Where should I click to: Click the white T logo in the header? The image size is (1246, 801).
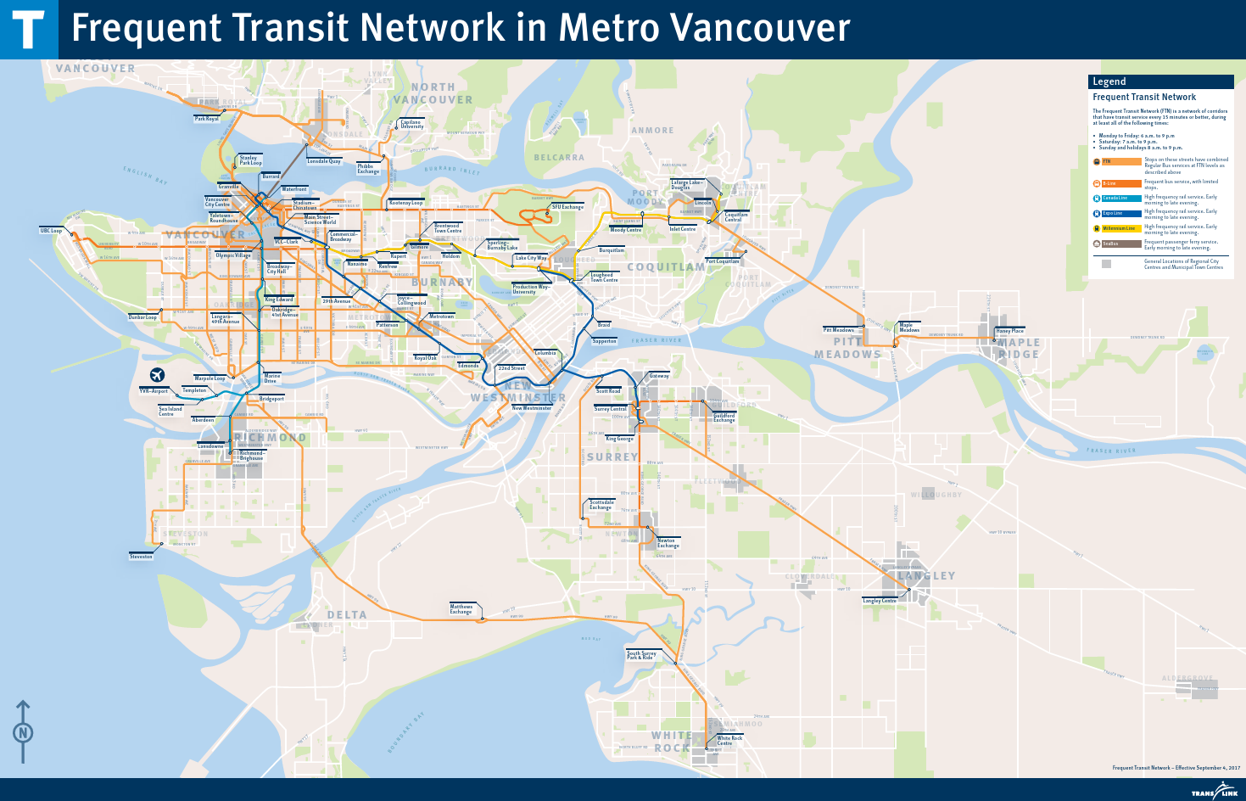click(x=28, y=30)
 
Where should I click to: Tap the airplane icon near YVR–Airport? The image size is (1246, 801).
click(x=157, y=375)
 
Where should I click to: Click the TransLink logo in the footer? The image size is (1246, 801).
click(x=1215, y=791)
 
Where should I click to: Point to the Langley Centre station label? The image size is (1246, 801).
click(x=880, y=601)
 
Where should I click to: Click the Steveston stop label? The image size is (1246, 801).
click(x=141, y=557)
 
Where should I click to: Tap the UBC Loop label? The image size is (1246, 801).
click(x=51, y=231)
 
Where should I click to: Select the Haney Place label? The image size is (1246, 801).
click(x=1009, y=331)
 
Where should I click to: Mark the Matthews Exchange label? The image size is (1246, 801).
click(x=461, y=609)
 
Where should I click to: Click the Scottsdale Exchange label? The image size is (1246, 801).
click(x=601, y=505)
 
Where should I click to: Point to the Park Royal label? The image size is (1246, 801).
click(x=206, y=119)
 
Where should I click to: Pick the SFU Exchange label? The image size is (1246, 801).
click(x=567, y=207)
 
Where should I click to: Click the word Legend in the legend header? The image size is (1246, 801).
click(x=1109, y=81)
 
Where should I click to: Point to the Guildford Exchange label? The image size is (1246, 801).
click(x=724, y=417)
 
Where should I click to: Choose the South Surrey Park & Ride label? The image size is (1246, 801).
click(x=641, y=655)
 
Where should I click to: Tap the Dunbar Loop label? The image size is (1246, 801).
click(x=142, y=317)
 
